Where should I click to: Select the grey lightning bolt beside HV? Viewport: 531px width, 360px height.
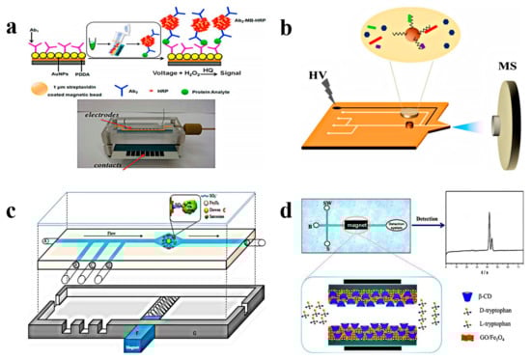312,97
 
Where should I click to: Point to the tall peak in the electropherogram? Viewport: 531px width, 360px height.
489,214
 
